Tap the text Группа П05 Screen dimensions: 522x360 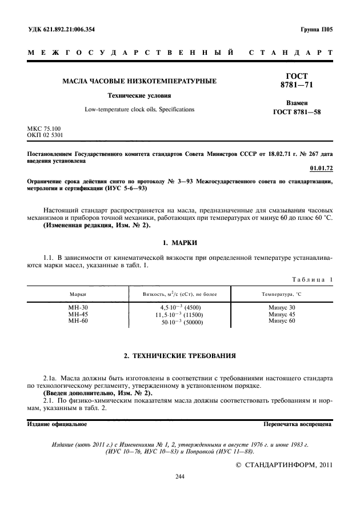[x=315, y=29]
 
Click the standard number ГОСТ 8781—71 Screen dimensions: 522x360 [x=297, y=81]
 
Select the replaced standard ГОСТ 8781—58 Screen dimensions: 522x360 [x=297, y=112]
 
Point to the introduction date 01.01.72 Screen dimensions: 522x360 [x=320, y=168]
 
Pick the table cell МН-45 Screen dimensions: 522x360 [x=78, y=314]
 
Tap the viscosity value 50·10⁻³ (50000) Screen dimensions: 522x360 [x=182, y=322]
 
